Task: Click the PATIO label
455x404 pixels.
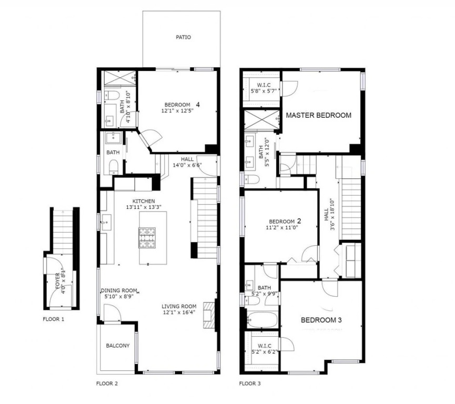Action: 184,37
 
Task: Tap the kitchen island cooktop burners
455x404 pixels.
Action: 147,238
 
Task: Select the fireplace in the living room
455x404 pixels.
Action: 209,315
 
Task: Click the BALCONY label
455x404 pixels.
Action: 118,346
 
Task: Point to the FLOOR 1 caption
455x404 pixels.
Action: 54,319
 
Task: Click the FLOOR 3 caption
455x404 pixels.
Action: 250,383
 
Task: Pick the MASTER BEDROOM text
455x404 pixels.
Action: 319,115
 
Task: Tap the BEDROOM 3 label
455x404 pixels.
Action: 321,320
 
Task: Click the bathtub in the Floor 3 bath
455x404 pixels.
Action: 262,319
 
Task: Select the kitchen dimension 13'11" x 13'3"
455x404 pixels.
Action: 144,207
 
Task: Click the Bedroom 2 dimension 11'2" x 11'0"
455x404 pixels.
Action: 282,228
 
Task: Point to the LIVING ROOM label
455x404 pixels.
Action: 179,306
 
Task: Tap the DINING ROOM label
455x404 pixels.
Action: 119,290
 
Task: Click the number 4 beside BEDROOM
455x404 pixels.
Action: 198,104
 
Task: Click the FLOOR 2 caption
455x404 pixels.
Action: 107,383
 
